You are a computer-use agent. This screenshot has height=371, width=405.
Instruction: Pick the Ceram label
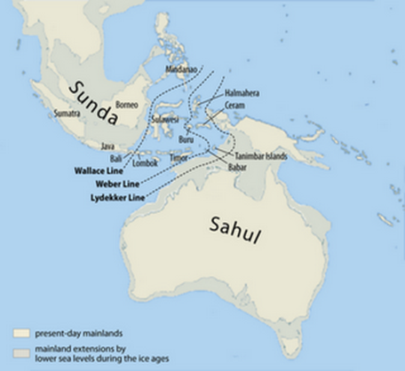click(234, 104)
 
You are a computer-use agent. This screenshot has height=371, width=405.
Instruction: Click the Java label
click(109, 145)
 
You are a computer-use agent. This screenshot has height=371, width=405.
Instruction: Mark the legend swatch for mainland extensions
click(20, 350)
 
